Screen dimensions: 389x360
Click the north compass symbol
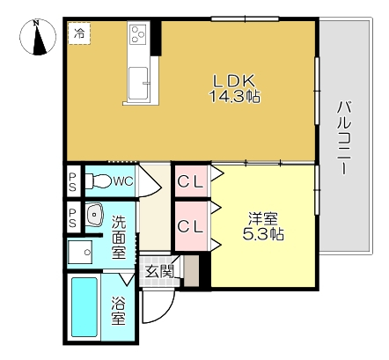point(38,37)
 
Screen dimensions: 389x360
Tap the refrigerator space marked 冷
point(79,33)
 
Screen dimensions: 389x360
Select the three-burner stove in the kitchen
point(138,34)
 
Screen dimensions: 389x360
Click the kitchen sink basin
point(138,83)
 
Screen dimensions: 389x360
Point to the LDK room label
point(233,81)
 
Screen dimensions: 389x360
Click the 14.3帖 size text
point(234,96)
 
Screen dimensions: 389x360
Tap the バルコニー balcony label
point(344,137)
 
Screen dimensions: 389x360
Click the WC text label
point(123,181)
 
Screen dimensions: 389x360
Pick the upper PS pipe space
point(72,181)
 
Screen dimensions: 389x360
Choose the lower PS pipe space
point(72,217)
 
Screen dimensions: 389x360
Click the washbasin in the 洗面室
point(94,215)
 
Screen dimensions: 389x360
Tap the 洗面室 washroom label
point(119,237)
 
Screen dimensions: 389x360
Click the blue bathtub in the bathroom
point(84,307)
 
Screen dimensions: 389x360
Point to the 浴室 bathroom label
point(118,311)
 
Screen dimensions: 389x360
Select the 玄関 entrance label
point(160,271)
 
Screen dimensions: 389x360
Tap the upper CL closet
point(191,181)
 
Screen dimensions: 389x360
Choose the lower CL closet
point(191,226)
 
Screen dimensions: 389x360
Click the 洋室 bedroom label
point(263,218)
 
